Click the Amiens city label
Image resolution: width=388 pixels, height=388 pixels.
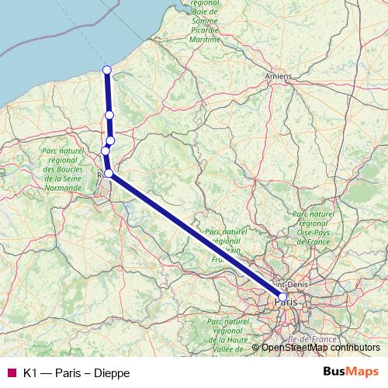[x=278, y=76]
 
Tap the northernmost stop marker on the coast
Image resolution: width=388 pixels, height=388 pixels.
[x=107, y=71]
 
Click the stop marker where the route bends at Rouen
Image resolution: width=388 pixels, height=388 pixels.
[x=109, y=173]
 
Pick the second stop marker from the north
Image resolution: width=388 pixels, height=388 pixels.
[x=109, y=115]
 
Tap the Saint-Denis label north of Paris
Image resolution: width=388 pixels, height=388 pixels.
[x=291, y=284]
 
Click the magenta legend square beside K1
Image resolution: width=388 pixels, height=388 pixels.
[x=11, y=372]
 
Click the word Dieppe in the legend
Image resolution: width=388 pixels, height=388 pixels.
[x=111, y=372]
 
